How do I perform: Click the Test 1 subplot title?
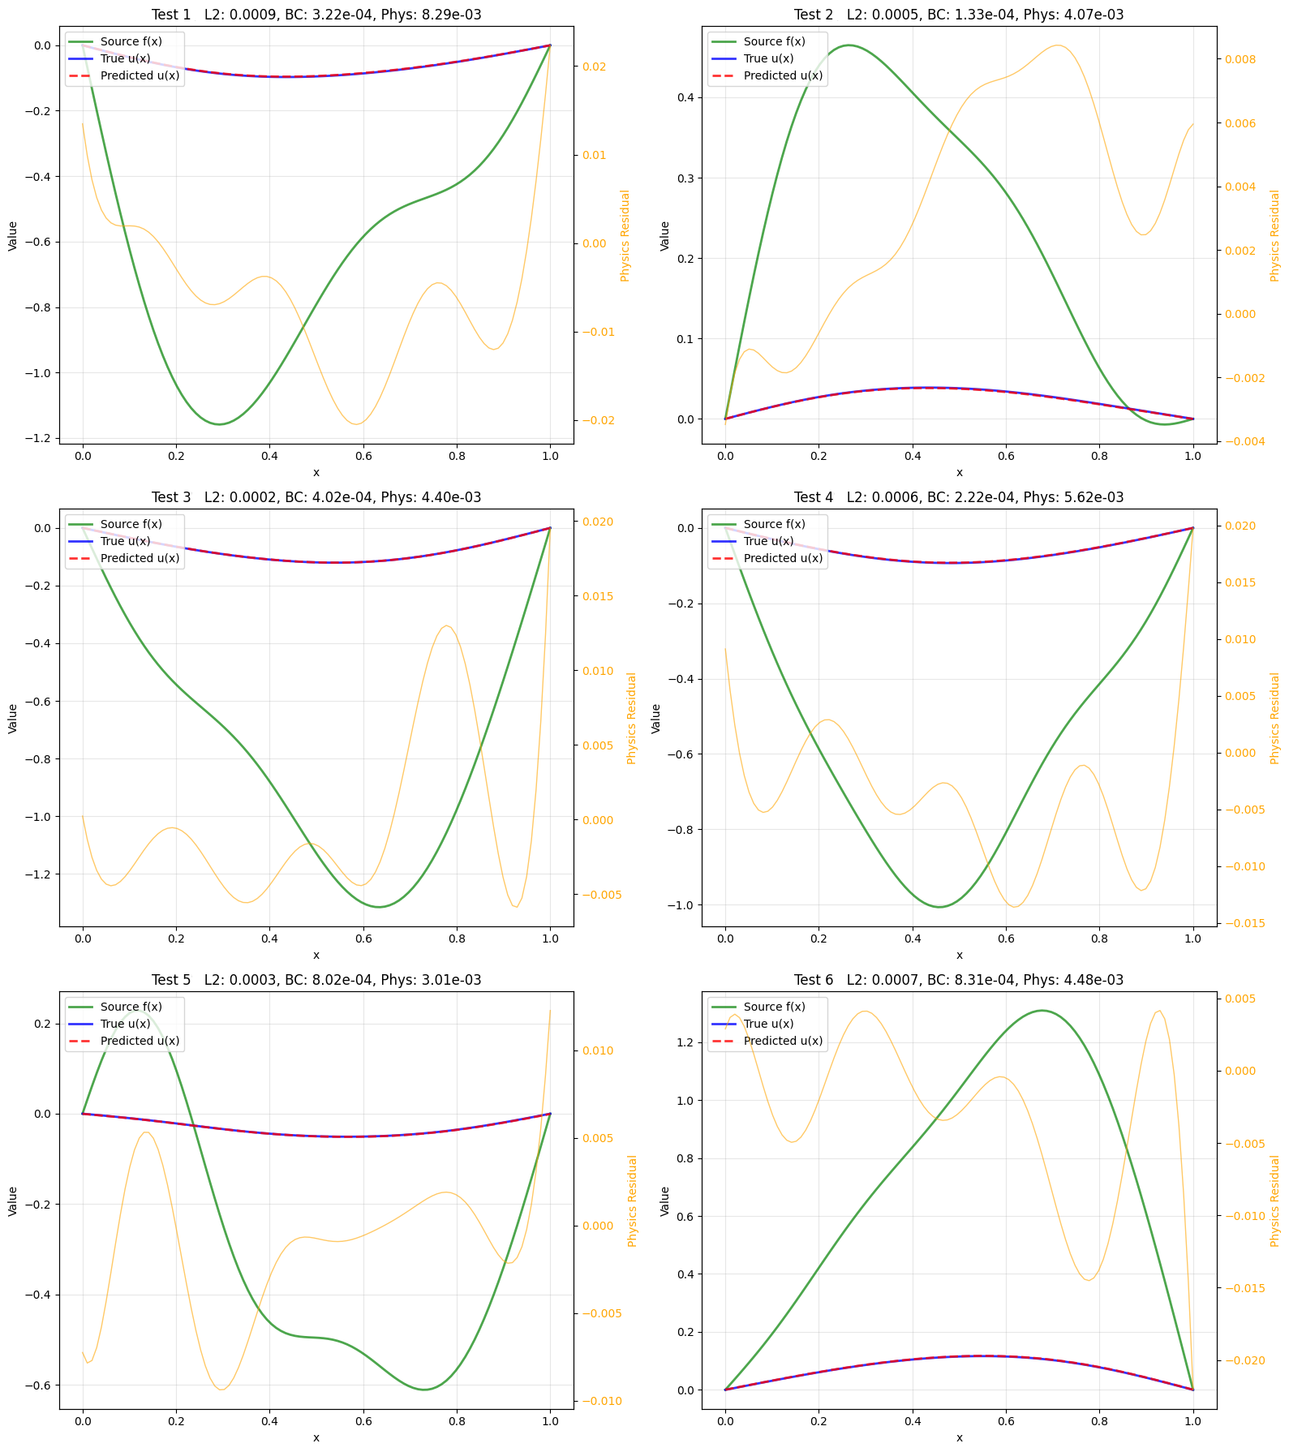tap(316, 15)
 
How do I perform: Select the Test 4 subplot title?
tap(959, 497)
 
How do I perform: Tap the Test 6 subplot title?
tap(959, 980)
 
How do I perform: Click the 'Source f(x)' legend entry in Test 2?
tap(774, 41)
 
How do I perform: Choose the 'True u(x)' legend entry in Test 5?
tap(125, 1024)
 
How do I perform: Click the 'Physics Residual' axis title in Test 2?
tap(1274, 235)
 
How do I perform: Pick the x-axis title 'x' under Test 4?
tap(959, 956)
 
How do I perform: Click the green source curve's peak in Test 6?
tap(1042, 1011)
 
